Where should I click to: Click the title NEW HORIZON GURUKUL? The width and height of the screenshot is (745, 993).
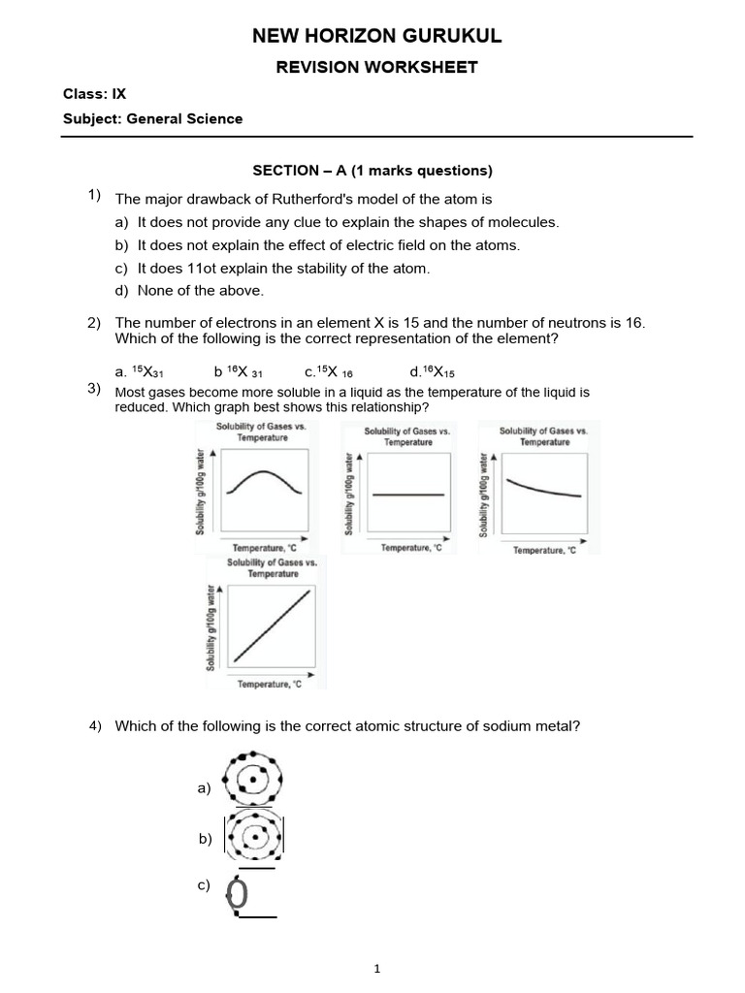(377, 37)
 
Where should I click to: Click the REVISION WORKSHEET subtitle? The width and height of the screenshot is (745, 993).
(377, 67)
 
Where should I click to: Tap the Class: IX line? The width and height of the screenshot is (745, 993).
(94, 94)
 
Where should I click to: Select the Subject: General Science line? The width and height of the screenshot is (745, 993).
(152, 119)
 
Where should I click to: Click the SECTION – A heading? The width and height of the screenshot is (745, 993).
(372, 171)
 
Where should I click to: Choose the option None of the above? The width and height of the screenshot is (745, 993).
(200, 290)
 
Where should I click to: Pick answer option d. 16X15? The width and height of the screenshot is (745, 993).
(432, 371)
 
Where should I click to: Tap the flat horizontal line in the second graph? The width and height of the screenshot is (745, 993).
(407, 495)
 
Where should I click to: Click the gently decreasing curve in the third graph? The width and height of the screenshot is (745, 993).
(544, 488)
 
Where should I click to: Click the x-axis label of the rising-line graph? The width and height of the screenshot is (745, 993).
(270, 684)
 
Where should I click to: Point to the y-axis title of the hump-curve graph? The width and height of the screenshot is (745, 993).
(200, 491)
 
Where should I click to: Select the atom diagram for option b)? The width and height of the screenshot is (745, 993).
(254, 836)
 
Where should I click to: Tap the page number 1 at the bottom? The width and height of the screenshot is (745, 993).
(377, 969)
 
